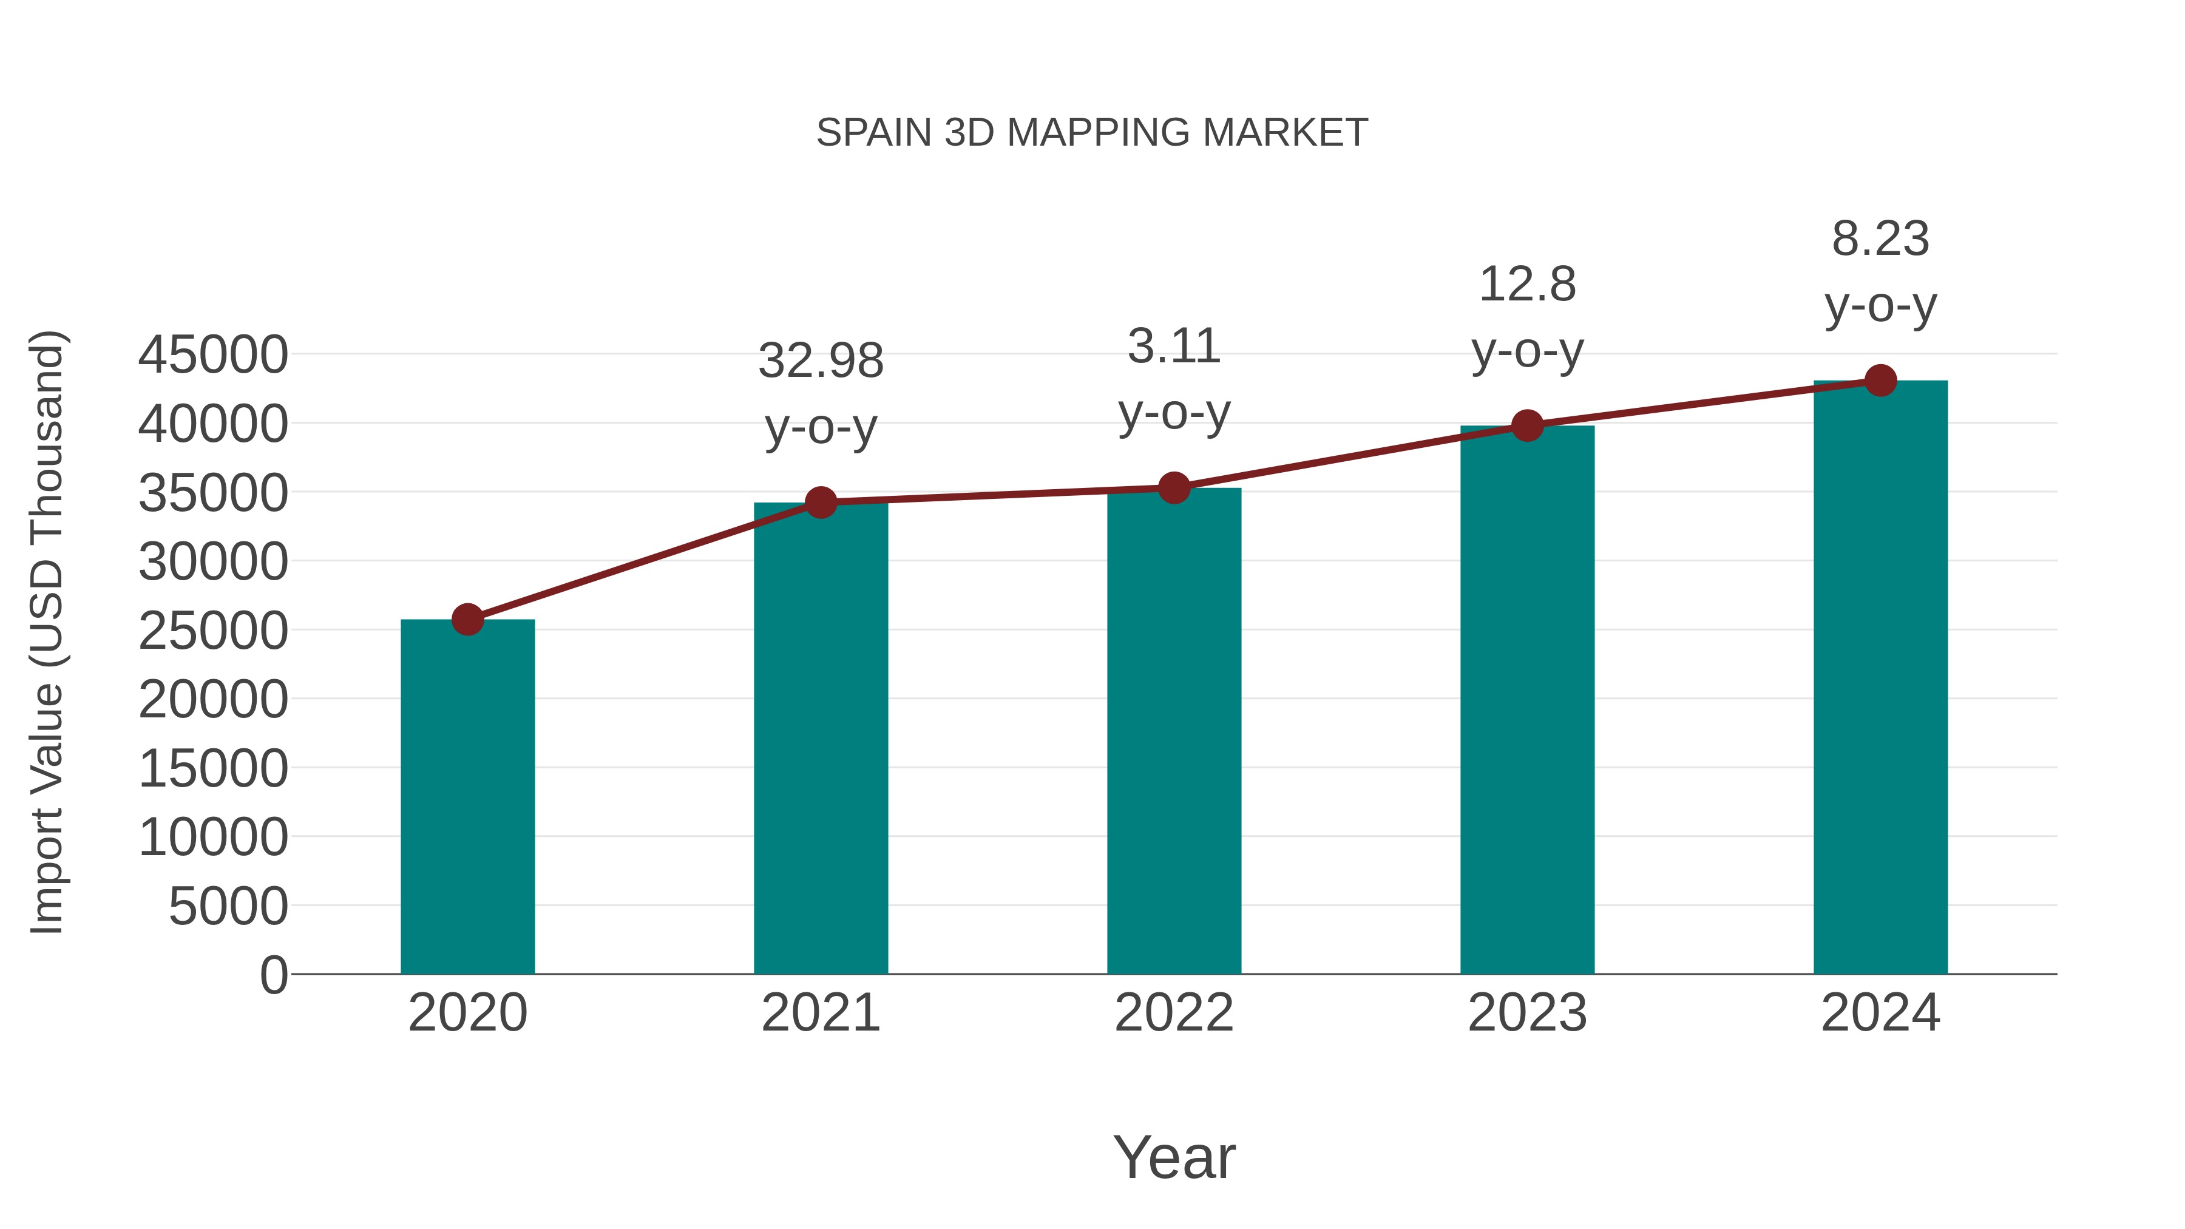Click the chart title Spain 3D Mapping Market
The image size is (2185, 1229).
point(1092,133)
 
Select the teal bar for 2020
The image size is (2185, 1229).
point(467,797)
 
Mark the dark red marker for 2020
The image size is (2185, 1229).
point(467,619)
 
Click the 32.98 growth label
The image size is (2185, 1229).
point(820,361)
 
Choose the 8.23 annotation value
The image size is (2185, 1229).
point(1880,239)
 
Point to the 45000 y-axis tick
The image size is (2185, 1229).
point(213,354)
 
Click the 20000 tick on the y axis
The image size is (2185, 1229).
point(213,700)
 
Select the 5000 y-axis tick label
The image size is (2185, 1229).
point(228,906)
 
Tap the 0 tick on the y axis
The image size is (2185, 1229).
point(274,975)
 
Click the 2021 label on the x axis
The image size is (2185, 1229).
point(820,1013)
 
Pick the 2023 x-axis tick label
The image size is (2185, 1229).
point(1527,1013)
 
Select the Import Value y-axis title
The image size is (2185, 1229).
point(47,632)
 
